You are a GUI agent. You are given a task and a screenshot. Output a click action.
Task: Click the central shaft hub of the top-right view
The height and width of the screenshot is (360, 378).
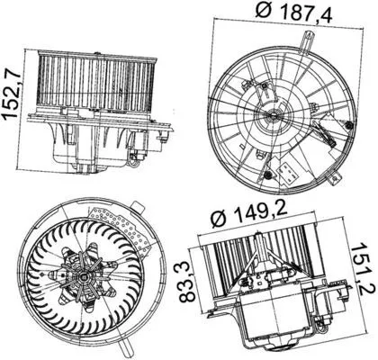tap(272, 115)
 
